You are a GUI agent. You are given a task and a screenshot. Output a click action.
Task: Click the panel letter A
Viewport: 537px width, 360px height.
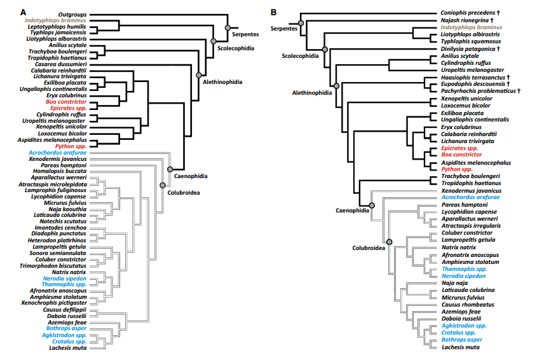tap(23, 12)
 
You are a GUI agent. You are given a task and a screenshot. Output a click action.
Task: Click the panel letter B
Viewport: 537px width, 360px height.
tap(273, 12)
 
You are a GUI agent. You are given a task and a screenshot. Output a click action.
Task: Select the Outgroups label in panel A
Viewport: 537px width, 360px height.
tap(72, 13)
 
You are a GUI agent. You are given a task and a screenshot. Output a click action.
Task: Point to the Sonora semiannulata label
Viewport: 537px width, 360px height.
tap(58, 253)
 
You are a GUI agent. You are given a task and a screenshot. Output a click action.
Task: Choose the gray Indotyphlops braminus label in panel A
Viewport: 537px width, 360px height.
tap(56, 20)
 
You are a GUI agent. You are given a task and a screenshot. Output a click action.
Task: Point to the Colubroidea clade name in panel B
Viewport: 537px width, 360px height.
tap(369, 248)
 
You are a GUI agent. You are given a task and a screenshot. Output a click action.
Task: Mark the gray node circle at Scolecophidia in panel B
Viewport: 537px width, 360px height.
tap(324, 48)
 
